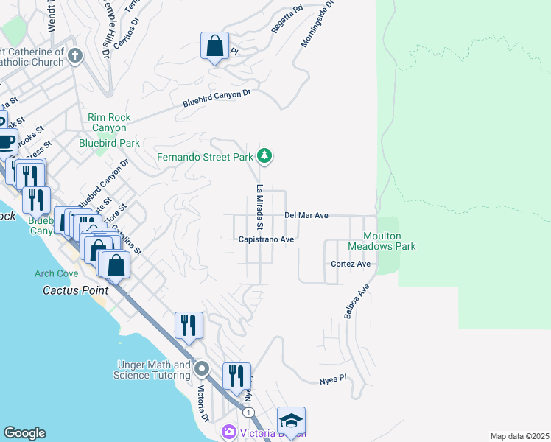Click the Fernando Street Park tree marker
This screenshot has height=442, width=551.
(265, 156)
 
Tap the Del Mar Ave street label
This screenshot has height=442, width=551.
(306, 215)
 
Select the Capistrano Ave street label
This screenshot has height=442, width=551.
(266, 239)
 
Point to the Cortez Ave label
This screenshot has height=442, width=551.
(350, 264)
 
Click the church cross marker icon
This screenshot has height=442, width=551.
(74, 55)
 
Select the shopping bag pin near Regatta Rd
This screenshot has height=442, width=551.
(214, 46)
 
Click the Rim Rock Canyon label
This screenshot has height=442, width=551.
(108, 122)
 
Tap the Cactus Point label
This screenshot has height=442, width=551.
(75, 290)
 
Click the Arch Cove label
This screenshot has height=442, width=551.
(55, 273)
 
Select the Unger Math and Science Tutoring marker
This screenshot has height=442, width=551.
(202, 368)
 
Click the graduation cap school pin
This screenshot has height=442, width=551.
(291, 421)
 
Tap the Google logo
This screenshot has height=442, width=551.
(24, 433)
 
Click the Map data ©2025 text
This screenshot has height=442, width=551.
(519, 436)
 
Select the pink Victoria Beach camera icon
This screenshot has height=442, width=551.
(229, 431)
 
